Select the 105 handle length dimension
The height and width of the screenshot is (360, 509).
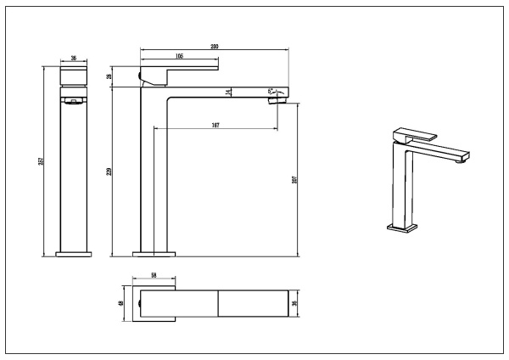[x=180, y=56]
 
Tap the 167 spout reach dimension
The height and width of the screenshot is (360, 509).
[x=215, y=126]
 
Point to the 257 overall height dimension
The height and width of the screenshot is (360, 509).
[x=41, y=161]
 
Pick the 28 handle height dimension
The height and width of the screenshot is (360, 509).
[x=109, y=77]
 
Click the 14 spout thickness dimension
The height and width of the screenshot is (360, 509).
[x=228, y=92]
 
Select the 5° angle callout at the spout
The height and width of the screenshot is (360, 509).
[x=271, y=90]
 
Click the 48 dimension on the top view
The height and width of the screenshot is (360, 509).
[x=122, y=303]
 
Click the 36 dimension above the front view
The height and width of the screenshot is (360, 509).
[x=74, y=59]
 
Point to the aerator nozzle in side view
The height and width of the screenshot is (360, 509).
[x=277, y=100]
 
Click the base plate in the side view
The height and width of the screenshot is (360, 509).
[x=154, y=253]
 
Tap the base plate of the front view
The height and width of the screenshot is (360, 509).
[x=74, y=253]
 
